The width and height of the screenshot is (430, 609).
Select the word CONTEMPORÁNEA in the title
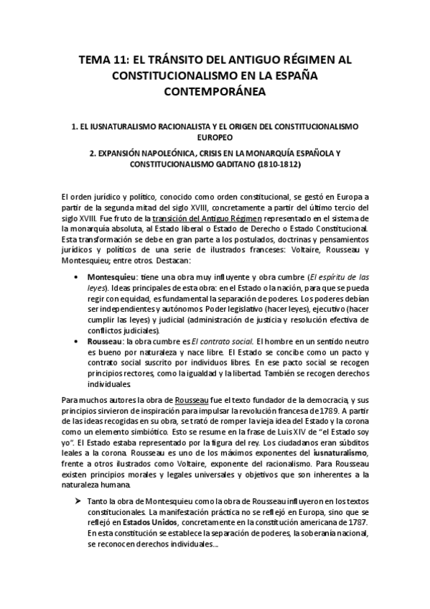pos(215,91)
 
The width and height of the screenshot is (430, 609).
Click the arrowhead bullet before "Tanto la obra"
pos(76,501)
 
